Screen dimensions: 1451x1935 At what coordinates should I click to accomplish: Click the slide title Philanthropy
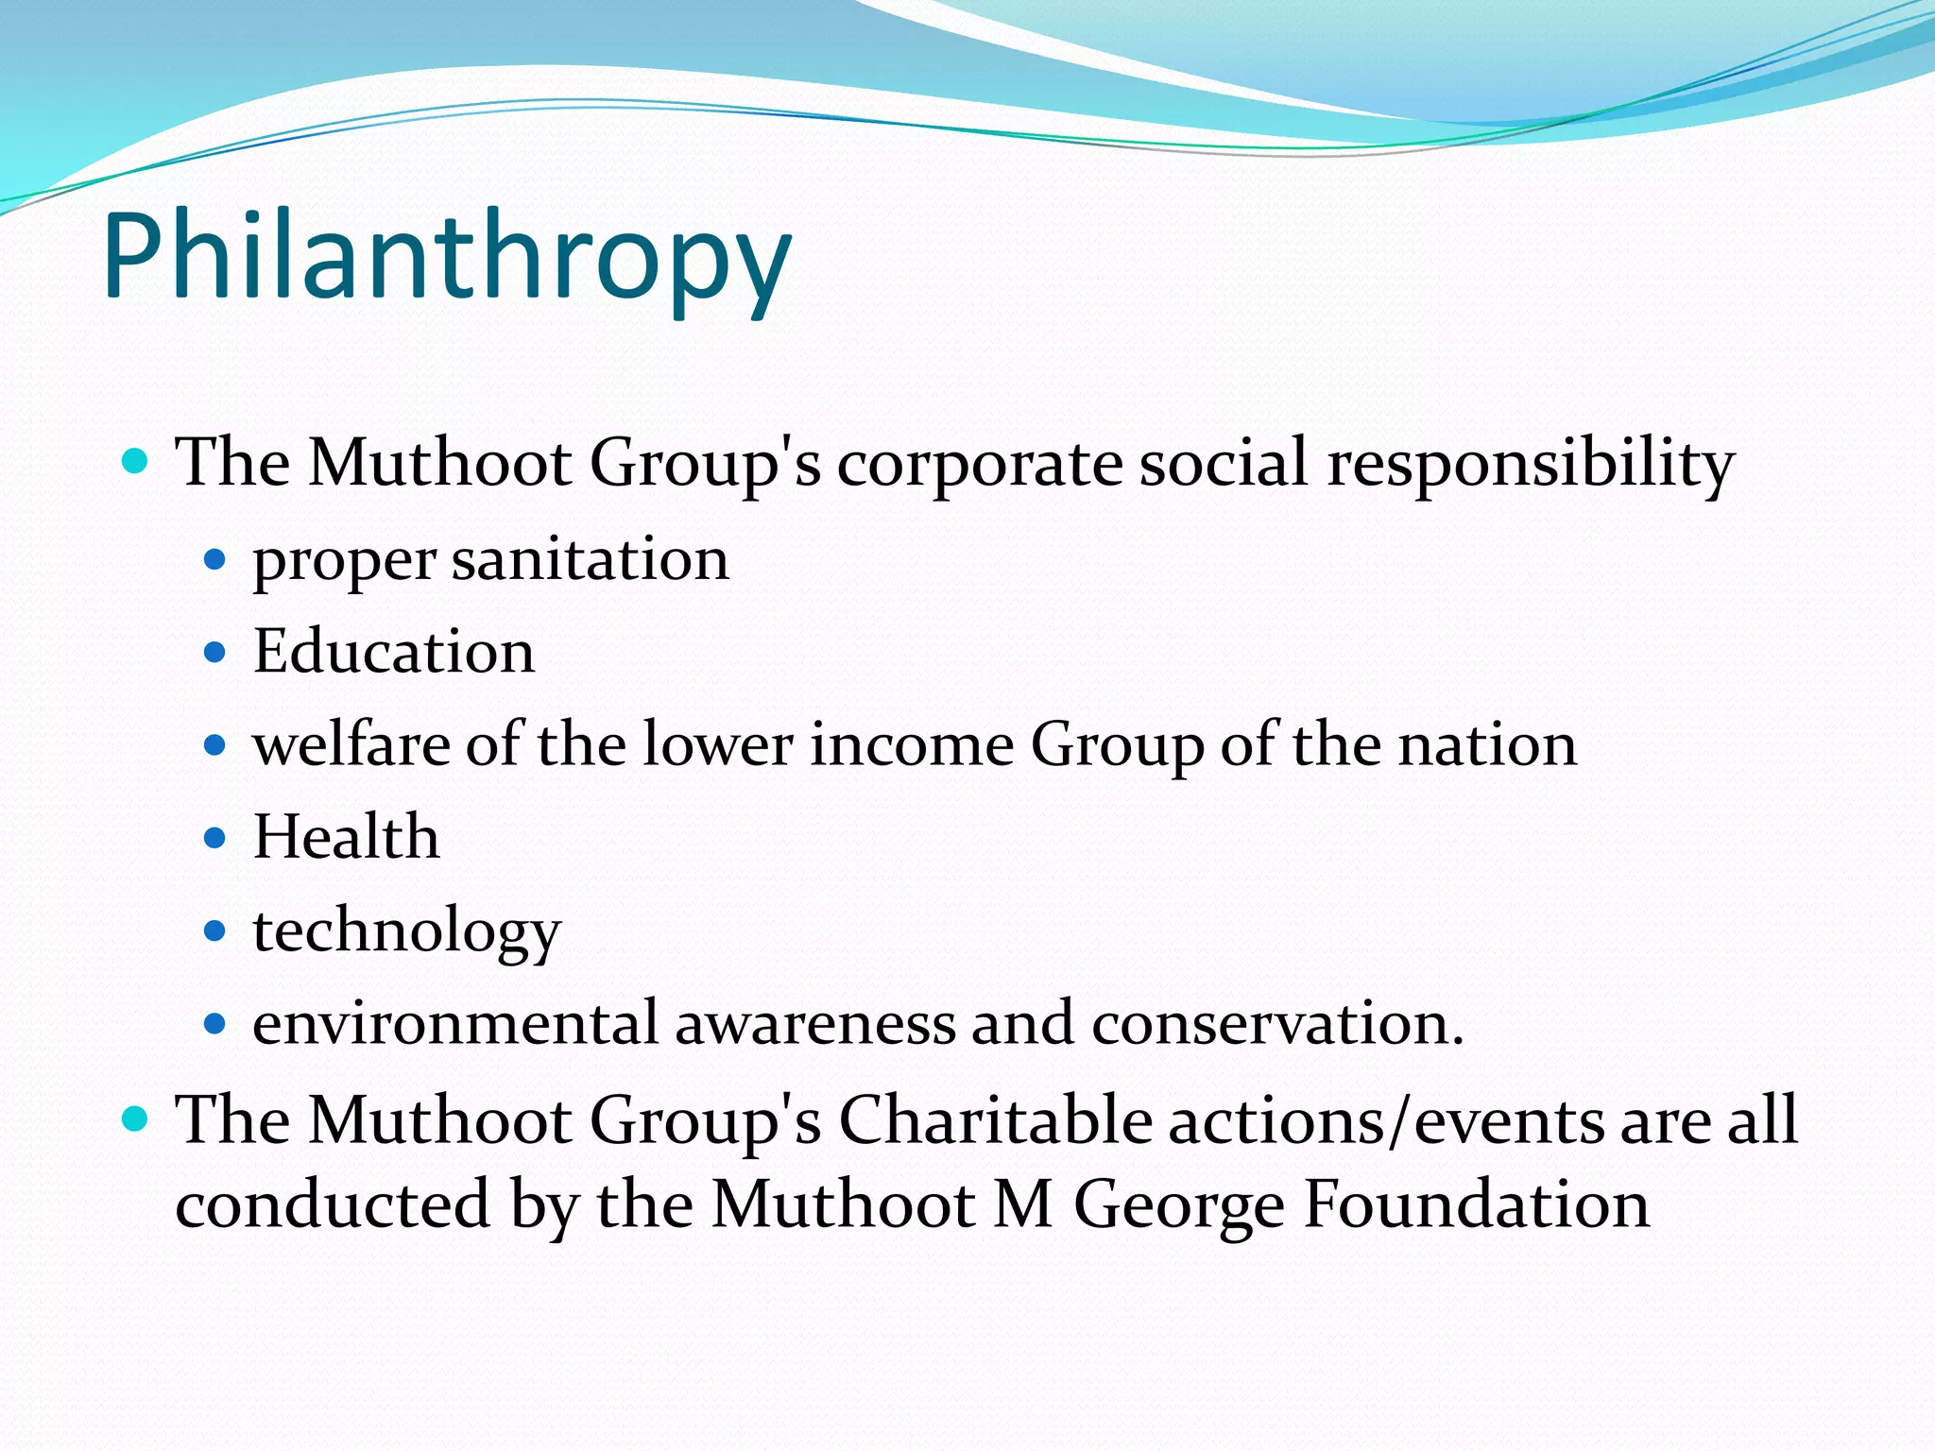(x=446, y=257)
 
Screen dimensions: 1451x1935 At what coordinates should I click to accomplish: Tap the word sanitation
(x=591, y=559)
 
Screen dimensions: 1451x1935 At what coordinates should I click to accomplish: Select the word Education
(x=394, y=652)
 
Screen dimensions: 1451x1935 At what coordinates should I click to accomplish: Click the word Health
(x=347, y=837)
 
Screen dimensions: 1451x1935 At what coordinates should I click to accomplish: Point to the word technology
(x=407, y=931)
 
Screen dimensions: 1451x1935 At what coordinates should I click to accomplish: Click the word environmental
(x=455, y=1023)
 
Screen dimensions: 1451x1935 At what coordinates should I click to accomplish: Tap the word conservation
(x=1277, y=1023)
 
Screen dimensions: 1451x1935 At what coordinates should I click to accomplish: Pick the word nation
(x=1487, y=744)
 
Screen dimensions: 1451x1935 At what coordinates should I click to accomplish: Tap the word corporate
(x=980, y=465)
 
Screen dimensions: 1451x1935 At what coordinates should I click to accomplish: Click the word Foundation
(x=1477, y=1205)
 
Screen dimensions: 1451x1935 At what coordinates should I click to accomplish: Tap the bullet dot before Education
(x=215, y=652)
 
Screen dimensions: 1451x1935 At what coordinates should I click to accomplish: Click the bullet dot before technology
(x=215, y=931)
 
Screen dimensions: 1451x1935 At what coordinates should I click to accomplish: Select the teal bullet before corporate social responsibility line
(x=136, y=462)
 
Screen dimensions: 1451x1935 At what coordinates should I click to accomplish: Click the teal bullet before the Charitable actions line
(x=136, y=1119)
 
